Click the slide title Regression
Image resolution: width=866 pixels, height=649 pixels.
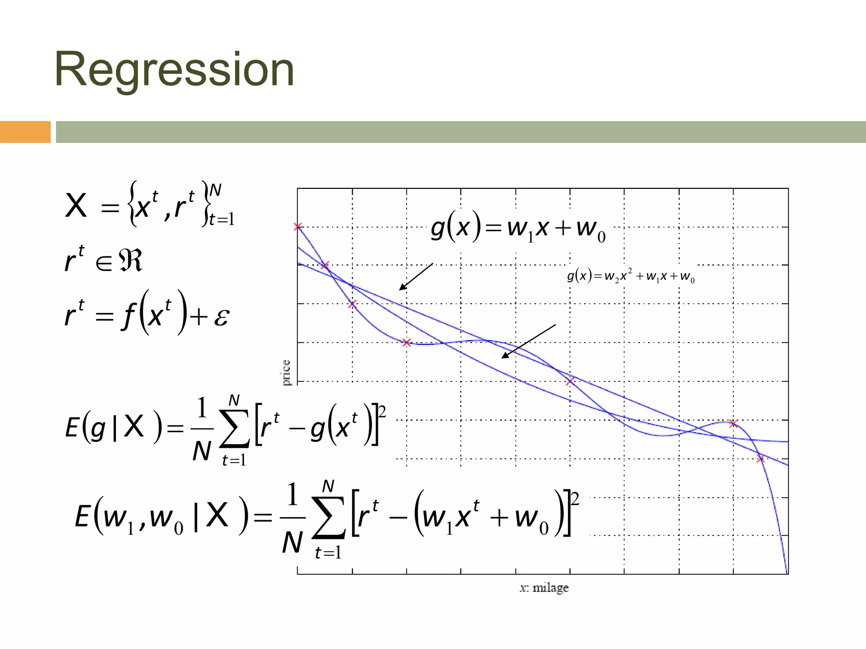[x=174, y=70]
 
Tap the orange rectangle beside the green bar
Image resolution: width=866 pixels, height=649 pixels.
[x=25, y=132]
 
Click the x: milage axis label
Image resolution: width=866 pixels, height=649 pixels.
[x=544, y=588]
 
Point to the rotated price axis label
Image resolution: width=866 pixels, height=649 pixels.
[x=286, y=372]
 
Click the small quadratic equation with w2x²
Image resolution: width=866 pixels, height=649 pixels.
[x=630, y=276]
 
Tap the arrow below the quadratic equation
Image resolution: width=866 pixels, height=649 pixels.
[x=529, y=341]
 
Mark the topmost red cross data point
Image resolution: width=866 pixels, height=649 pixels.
[x=298, y=227]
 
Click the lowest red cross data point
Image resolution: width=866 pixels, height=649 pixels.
[x=760, y=458]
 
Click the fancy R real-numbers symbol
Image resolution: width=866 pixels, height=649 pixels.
[x=130, y=260]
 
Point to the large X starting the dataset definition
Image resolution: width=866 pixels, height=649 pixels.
[x=76, y=205]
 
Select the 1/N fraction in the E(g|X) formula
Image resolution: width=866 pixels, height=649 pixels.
[x=202, y=428]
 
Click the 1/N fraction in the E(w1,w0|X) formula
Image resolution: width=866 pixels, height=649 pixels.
[x=292, y=518]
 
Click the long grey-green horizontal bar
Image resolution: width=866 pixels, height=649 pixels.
[x=460, y=132]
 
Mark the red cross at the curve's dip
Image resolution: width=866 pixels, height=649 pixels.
[x=406, y=343]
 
